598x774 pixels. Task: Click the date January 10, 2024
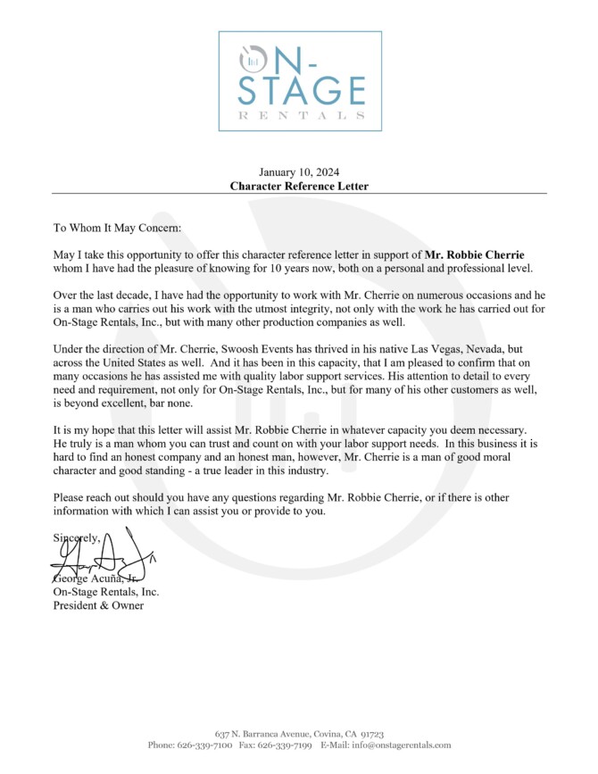(299, 172)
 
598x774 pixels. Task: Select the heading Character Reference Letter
(299, 187)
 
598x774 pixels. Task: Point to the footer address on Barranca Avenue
(299, 733)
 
